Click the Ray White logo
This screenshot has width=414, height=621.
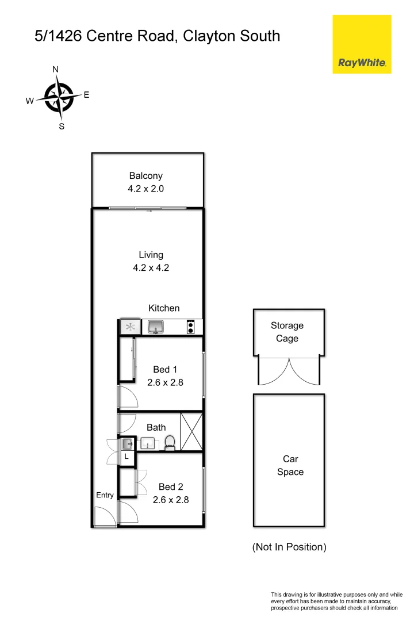click(x=362, y=44)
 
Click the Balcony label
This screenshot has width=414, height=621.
click(x=145, y=176)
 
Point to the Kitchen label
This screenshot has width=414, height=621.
click(x=164, y=308)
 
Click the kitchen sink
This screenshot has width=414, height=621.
click(x=156, y=327)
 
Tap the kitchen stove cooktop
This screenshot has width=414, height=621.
click(x=190, y=327)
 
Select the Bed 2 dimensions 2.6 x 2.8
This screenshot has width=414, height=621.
click(x=171, y=500)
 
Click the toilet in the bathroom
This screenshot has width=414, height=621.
click(x=170, y=443)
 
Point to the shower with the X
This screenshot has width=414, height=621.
click(x=191, y=431)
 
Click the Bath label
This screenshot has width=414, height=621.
click(x=156, y=427)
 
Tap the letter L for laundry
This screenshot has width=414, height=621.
click(x=126, y=457)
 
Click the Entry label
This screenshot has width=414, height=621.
click(x=105, y=495)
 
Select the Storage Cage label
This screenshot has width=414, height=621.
click(x=287, y=332)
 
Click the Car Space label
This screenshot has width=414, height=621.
click(x=290, y=465)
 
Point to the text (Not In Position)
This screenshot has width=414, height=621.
click(x=289, y=547)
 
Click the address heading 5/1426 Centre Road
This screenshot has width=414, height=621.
click(x=157, y=36)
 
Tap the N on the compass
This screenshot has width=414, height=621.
click(x=56, y=70)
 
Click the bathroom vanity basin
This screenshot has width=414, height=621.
click(x=148, y=443)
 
